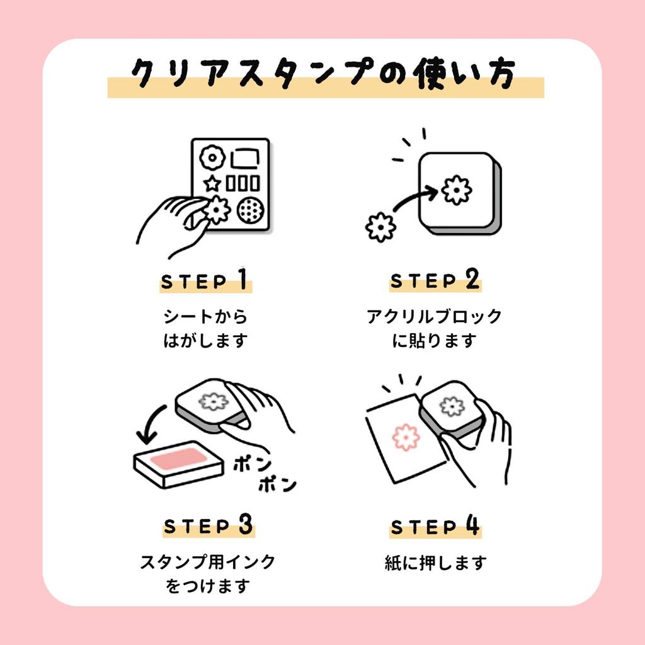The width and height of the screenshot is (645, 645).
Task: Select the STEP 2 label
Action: [x=435, y=280]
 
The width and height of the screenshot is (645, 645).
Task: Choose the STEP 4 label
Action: [x=435, y=526]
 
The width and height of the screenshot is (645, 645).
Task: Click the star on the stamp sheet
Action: [x=212, y=184]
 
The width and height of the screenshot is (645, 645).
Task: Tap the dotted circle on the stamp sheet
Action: [x=250, y=210]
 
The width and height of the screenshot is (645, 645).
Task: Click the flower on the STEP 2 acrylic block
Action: [x=455, y=189]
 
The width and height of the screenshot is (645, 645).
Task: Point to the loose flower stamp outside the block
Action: [x=380, y=227]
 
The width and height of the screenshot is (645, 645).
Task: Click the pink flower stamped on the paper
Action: [x=405, y=437]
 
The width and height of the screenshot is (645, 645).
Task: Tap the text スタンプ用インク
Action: [x=208, y=561]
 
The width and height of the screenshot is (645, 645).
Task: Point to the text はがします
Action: [x=205, y=341]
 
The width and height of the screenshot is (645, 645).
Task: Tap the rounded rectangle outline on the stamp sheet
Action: [x=246, y=157]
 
